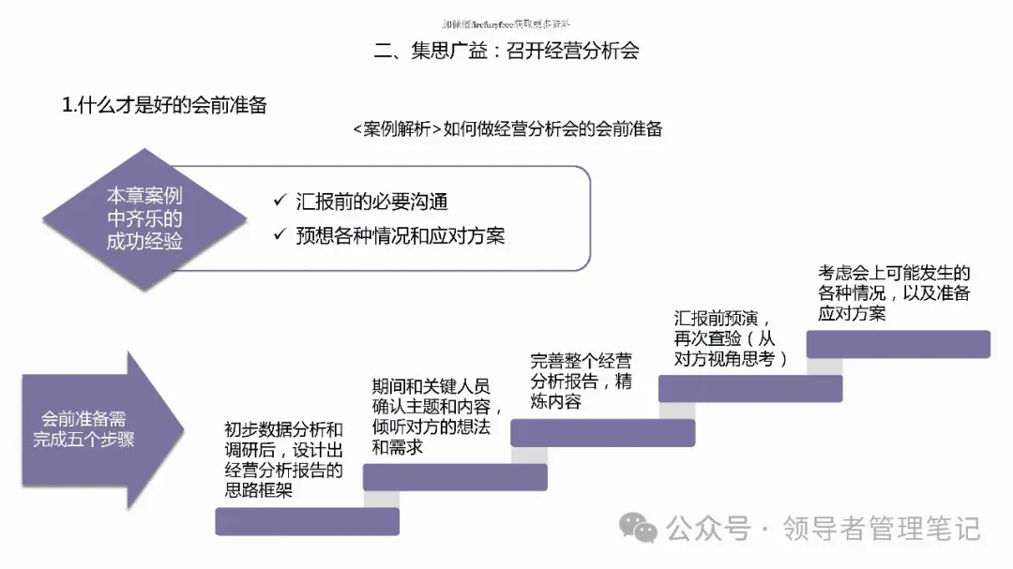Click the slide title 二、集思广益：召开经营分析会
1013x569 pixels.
(x=506, y=51)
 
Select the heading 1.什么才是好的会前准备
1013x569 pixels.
(x=164, y=105)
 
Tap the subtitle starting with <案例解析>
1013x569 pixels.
(x=507, y=129)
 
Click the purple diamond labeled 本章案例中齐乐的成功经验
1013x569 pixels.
(x=144, y=219)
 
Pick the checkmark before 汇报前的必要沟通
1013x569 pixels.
(x=279, y=201)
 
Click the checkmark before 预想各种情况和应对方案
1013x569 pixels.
(x=279, y=234)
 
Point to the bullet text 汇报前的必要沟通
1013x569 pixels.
(x=371, y=202)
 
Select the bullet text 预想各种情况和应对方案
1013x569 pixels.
(x=400, y=235)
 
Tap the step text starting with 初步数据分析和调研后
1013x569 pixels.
(x=283, y=459)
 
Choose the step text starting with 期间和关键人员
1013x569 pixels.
(x=437, y=416)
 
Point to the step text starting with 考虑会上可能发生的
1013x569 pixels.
(x=894, y=292)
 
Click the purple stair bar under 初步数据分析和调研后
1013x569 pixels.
(x=307, y=521)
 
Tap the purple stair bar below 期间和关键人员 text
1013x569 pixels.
(x=455, y=477)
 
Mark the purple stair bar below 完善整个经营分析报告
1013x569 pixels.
(x=602, y=432)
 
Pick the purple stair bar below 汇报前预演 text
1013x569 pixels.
(x=750, y=388)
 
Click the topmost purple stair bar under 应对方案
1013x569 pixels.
(x=898, y=344)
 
